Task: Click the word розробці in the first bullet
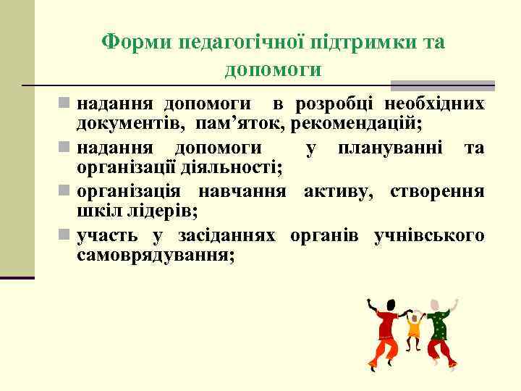[x=336, y=104]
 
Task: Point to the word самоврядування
[x=155, y=255]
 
